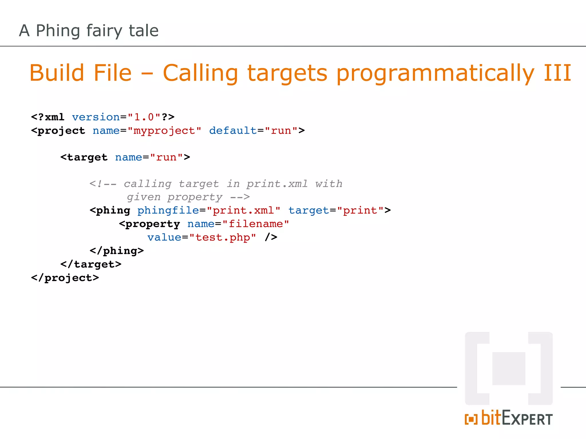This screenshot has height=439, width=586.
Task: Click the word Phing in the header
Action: coord(58,31)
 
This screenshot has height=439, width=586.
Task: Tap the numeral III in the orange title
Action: coord(557,73)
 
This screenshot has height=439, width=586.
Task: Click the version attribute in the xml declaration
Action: coord(96,117)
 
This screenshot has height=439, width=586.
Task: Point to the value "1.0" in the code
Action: coord(144,117)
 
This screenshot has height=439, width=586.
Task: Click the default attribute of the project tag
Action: coord(233,131)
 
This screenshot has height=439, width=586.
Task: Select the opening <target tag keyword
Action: coord(84,157)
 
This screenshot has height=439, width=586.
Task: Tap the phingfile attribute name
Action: coord(168,211)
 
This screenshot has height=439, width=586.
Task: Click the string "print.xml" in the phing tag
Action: coord(243,211)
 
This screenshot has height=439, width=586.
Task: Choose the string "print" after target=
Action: coord(360,211)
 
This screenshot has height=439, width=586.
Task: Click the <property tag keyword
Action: coord(150,224)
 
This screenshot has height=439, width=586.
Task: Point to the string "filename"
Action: coord(256,224)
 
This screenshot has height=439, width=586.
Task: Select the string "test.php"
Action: coord(223,238)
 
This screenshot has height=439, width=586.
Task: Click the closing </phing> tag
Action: coord(117,251)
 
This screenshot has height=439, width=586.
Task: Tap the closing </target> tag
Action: coord(91,264)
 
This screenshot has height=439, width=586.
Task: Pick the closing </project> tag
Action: coord(65,278)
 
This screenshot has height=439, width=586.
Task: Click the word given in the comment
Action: coord(144,197)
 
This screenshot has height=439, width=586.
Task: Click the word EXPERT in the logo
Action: coord(527,419)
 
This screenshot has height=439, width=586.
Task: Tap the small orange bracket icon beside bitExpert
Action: coord(471,419)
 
